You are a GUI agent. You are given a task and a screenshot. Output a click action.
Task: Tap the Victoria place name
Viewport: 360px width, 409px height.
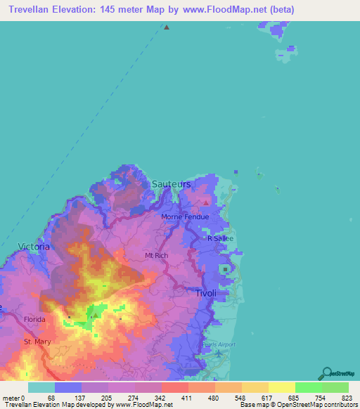click(34, 247)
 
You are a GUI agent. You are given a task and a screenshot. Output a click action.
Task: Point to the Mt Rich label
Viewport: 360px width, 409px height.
click(156, 255)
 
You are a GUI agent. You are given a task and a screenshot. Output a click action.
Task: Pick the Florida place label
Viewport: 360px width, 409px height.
click(34, 319)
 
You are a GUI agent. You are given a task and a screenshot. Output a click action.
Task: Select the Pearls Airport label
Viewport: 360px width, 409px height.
click(219, 344)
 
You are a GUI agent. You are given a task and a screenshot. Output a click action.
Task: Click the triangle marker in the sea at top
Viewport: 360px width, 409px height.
click(167, 28)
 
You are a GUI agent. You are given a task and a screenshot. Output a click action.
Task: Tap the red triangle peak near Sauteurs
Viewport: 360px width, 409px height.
click(205, 203)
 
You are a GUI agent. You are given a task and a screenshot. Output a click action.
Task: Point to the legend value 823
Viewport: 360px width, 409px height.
click(348, 398)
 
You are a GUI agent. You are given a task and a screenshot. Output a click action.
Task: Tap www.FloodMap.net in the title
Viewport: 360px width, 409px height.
click(224, 10)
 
